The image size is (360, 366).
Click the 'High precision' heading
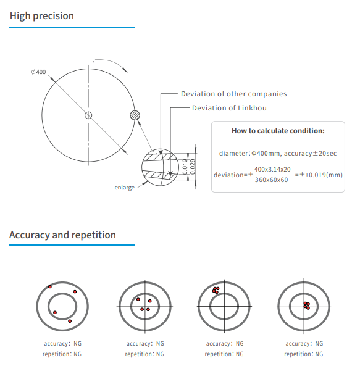(x=42, y=16)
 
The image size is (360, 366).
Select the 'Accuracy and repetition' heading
(x=62, y=235)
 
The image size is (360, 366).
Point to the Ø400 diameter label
(x=38, y=72)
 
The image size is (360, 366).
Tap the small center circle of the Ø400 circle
(x=88, y=115)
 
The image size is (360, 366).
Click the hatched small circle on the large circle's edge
(x=136, y=115)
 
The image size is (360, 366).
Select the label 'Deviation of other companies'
(x=233, y=94)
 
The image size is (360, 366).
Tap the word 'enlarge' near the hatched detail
(x=124, y=187)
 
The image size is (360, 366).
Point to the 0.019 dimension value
(x=185, y=165)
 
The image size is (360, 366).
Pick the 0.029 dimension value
(x=193, y=165)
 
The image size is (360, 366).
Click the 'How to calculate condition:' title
(x=278, y=131)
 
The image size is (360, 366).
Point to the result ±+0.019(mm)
(x=320, y=175)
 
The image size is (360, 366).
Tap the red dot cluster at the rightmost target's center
(x=306, y=305)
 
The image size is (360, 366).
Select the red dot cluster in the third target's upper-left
(x=215, y=289)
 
